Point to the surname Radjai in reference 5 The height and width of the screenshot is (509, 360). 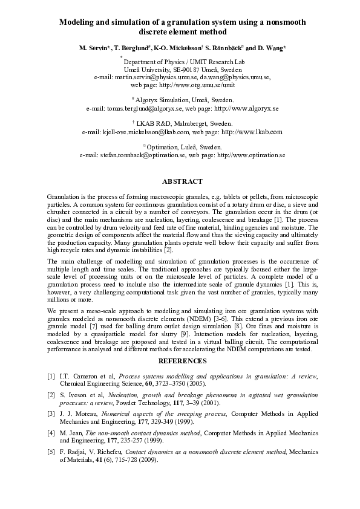click(x=73, y=451)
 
